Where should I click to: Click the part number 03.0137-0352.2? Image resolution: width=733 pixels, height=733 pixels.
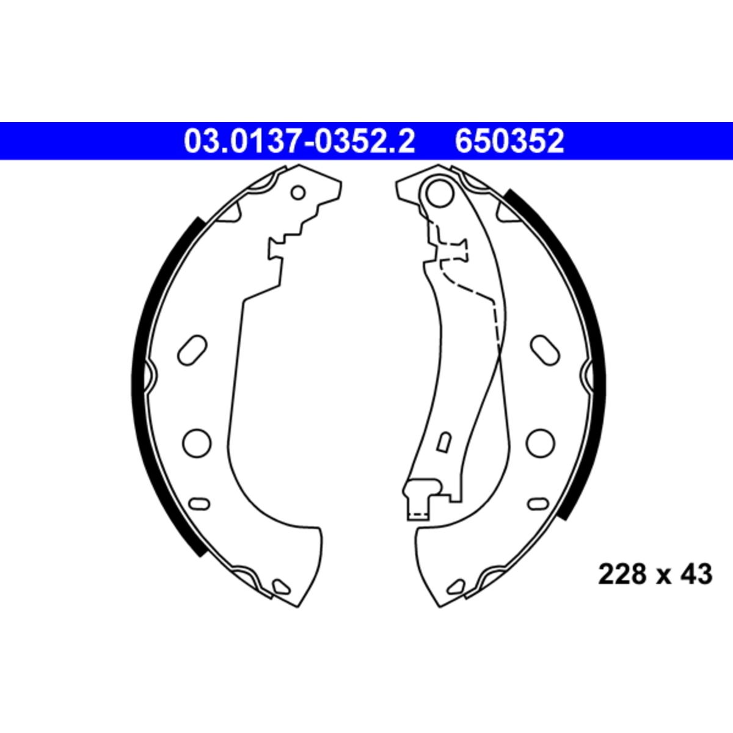tap(299, 141)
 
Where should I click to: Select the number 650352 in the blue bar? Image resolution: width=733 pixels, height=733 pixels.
tap(509, 141)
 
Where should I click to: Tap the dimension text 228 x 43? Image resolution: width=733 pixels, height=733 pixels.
tap(655, 585)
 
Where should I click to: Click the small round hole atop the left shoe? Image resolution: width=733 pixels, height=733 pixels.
tap(298, 192)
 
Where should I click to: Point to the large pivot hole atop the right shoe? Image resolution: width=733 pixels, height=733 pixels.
tap(440, 194)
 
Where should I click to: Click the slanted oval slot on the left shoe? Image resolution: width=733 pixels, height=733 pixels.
tap(192, 350)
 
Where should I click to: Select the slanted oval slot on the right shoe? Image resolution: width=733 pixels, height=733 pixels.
tap(545, 350)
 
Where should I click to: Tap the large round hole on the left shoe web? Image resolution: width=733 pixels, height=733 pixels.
tap(197, 443)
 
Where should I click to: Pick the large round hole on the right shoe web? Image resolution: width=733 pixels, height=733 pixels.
tap(541, 443)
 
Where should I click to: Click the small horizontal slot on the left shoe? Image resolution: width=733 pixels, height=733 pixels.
tap(199, 504)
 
